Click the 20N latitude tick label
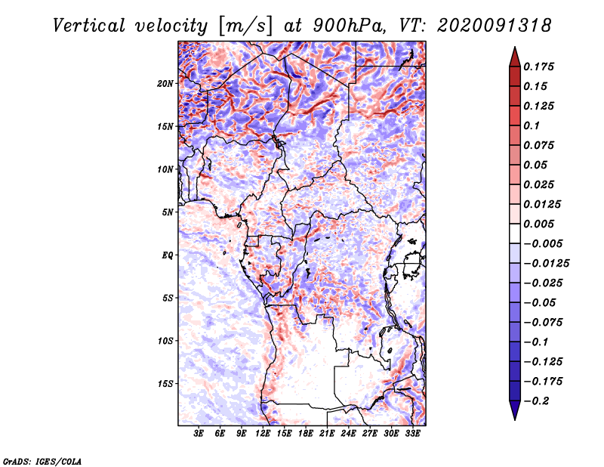[165, 84]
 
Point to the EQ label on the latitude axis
[167, 255]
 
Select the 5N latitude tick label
[168, 212]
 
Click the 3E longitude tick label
[199, 434]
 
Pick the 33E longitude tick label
[412, 434]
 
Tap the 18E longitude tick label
[306, 434]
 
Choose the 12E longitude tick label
[263, 434]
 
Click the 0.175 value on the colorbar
[538, 66]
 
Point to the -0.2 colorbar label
[536, 401]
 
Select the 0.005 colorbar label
[538, 224]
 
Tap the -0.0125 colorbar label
[546, 264]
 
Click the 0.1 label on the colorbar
[532, 125]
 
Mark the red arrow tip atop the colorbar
[515, 48]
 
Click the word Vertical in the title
[89, 26]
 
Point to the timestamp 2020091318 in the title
[495, 26]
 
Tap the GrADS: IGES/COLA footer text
[42, 462]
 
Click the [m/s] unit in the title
[245, 26]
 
